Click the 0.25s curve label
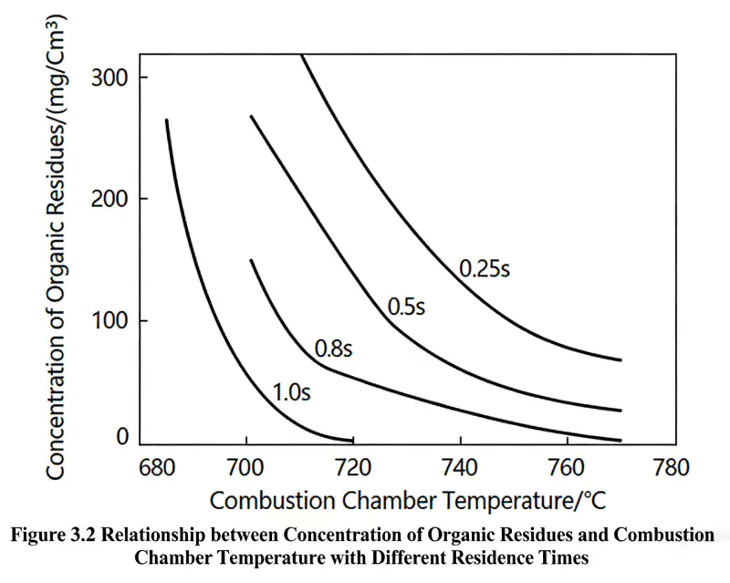point(484,269)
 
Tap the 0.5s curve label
point(407,307)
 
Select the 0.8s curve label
point(334,349)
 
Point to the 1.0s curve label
point(292,394)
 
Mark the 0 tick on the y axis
point(122,438)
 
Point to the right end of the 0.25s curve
point(620,360)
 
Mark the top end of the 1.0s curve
point(166,120)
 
